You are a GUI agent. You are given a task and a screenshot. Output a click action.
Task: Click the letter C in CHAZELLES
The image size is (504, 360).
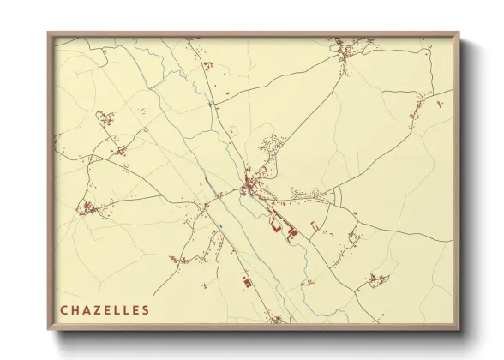coord(63,309)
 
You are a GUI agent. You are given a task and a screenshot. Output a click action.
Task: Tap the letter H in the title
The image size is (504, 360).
coord(75,309)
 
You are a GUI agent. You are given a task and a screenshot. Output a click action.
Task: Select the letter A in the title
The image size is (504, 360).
coord(87,309)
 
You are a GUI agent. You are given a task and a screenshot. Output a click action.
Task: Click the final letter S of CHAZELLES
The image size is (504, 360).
coord(145,309)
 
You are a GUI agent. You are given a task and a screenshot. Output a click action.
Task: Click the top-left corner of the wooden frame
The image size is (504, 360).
coord(49,33)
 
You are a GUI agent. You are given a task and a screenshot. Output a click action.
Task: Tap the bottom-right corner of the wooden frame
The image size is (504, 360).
coord(459,329)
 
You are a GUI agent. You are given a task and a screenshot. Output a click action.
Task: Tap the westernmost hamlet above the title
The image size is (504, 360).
coord(87,207)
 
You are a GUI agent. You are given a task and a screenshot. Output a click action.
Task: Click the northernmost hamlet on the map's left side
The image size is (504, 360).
coord(106,117)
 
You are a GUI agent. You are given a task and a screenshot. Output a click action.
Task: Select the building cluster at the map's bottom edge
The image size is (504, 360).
coord(275,319)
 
